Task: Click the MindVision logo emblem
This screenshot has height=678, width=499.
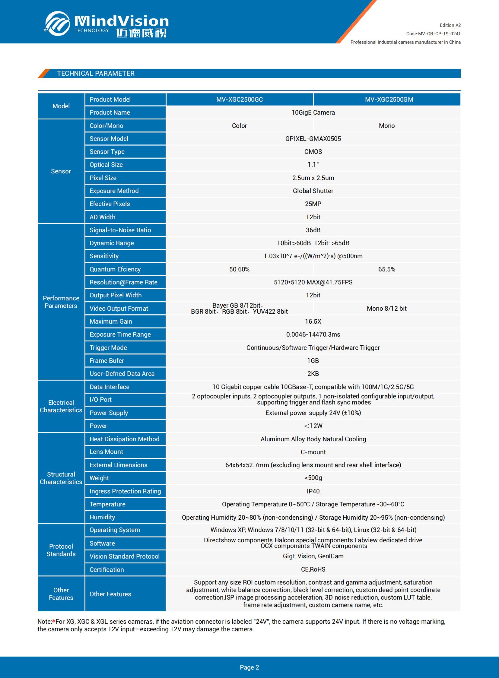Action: (x=57, y=24)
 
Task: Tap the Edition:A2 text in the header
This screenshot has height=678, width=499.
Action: (x=450, y=25)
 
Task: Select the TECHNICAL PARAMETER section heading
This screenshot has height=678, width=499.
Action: (x=96, y=73)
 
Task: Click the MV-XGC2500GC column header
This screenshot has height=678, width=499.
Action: (x=239, y=99)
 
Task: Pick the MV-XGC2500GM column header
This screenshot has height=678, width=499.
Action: (x=389, y=99)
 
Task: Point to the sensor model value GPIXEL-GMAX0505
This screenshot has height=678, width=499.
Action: (x=313, y=139)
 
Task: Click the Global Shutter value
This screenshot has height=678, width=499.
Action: (x=313, y=191)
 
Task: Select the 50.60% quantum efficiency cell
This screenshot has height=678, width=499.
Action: (x=239, y=269)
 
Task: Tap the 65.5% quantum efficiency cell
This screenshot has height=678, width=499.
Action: (x=386, y=269)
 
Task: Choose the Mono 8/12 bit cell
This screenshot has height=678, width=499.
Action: (x=386, y=308)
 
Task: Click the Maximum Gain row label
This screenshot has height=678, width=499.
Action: (x=110, y=321)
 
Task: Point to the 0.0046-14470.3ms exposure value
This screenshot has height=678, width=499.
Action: (x=313, y=334)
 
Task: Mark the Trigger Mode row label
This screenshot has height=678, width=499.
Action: (x=108, y=348)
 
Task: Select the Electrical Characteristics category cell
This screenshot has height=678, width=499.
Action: (x=61, y=406)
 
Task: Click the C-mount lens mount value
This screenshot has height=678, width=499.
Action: (x=313, y=452)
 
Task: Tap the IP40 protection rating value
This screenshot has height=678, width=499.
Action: (x=313, y=491)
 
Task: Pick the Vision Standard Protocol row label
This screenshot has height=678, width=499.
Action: (x=124, y=556)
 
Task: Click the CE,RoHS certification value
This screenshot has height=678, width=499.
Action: (x=313, y=569)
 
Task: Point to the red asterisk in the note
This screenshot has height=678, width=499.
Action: (x=54, y=621)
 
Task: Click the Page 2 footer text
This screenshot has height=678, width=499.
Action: (x=249, y=667)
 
